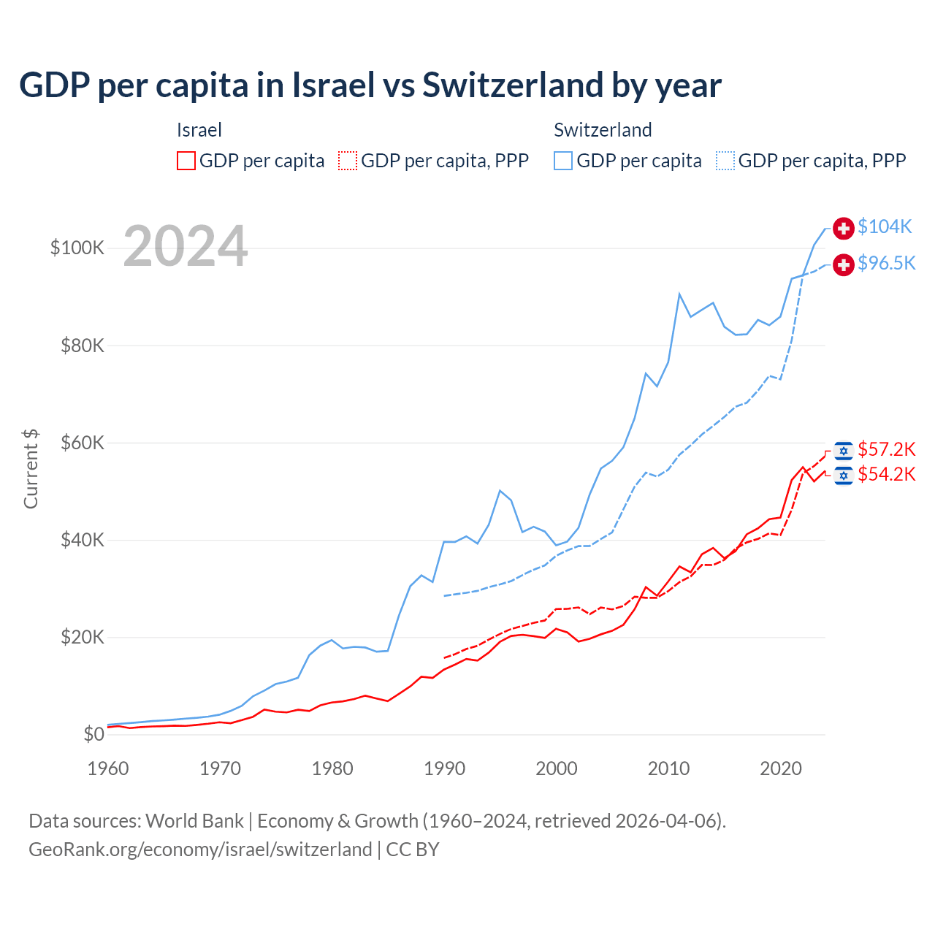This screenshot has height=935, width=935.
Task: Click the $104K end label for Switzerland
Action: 885,227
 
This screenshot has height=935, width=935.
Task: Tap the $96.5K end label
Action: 886,263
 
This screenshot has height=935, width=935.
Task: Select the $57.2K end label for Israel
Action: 886,449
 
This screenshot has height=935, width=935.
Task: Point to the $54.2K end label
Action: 886,475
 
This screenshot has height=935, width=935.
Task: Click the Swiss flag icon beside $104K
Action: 844,228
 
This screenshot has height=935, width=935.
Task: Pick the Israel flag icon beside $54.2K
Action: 844,476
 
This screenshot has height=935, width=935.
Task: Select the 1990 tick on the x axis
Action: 444,768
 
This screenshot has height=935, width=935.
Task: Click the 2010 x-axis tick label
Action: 668,768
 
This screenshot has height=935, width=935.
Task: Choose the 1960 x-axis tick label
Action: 108,768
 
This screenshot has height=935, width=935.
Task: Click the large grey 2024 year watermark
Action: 186,246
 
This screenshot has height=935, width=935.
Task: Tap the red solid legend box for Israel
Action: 186,161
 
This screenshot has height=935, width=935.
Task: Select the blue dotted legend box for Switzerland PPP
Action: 725,161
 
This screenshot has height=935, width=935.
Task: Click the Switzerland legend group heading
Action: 603,130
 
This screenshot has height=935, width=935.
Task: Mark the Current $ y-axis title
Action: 31,468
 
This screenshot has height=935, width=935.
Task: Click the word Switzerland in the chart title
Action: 512,85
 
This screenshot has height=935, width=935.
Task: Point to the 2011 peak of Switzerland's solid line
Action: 679,294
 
